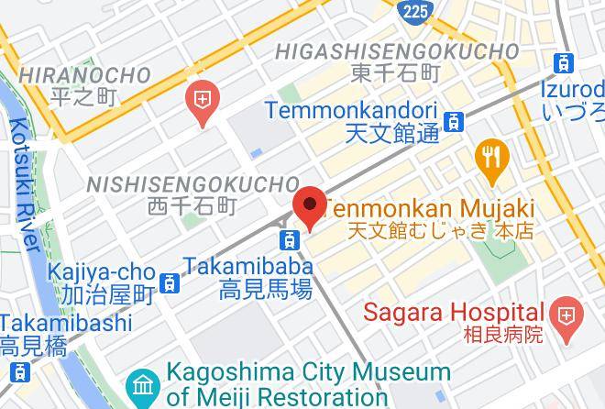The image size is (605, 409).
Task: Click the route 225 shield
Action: coord(414,11)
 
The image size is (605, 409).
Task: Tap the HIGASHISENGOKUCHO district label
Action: coord(397,50)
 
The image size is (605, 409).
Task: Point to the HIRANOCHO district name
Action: coord(84,75)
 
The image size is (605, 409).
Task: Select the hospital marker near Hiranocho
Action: coord(202,99)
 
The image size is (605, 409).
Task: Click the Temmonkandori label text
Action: coord(350,110)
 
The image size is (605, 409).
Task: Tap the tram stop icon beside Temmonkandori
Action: coord(453,121)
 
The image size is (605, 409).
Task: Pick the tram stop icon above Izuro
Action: coord(564,64)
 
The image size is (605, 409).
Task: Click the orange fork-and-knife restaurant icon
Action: coord(492,157)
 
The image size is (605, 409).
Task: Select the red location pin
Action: coord(309,206)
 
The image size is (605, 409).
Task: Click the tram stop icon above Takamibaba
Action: coord(290,240)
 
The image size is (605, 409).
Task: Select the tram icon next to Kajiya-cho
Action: coord(169,283)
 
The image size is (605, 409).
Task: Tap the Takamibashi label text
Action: coord(66,323)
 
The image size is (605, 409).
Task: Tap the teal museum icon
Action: coord(143,384)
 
